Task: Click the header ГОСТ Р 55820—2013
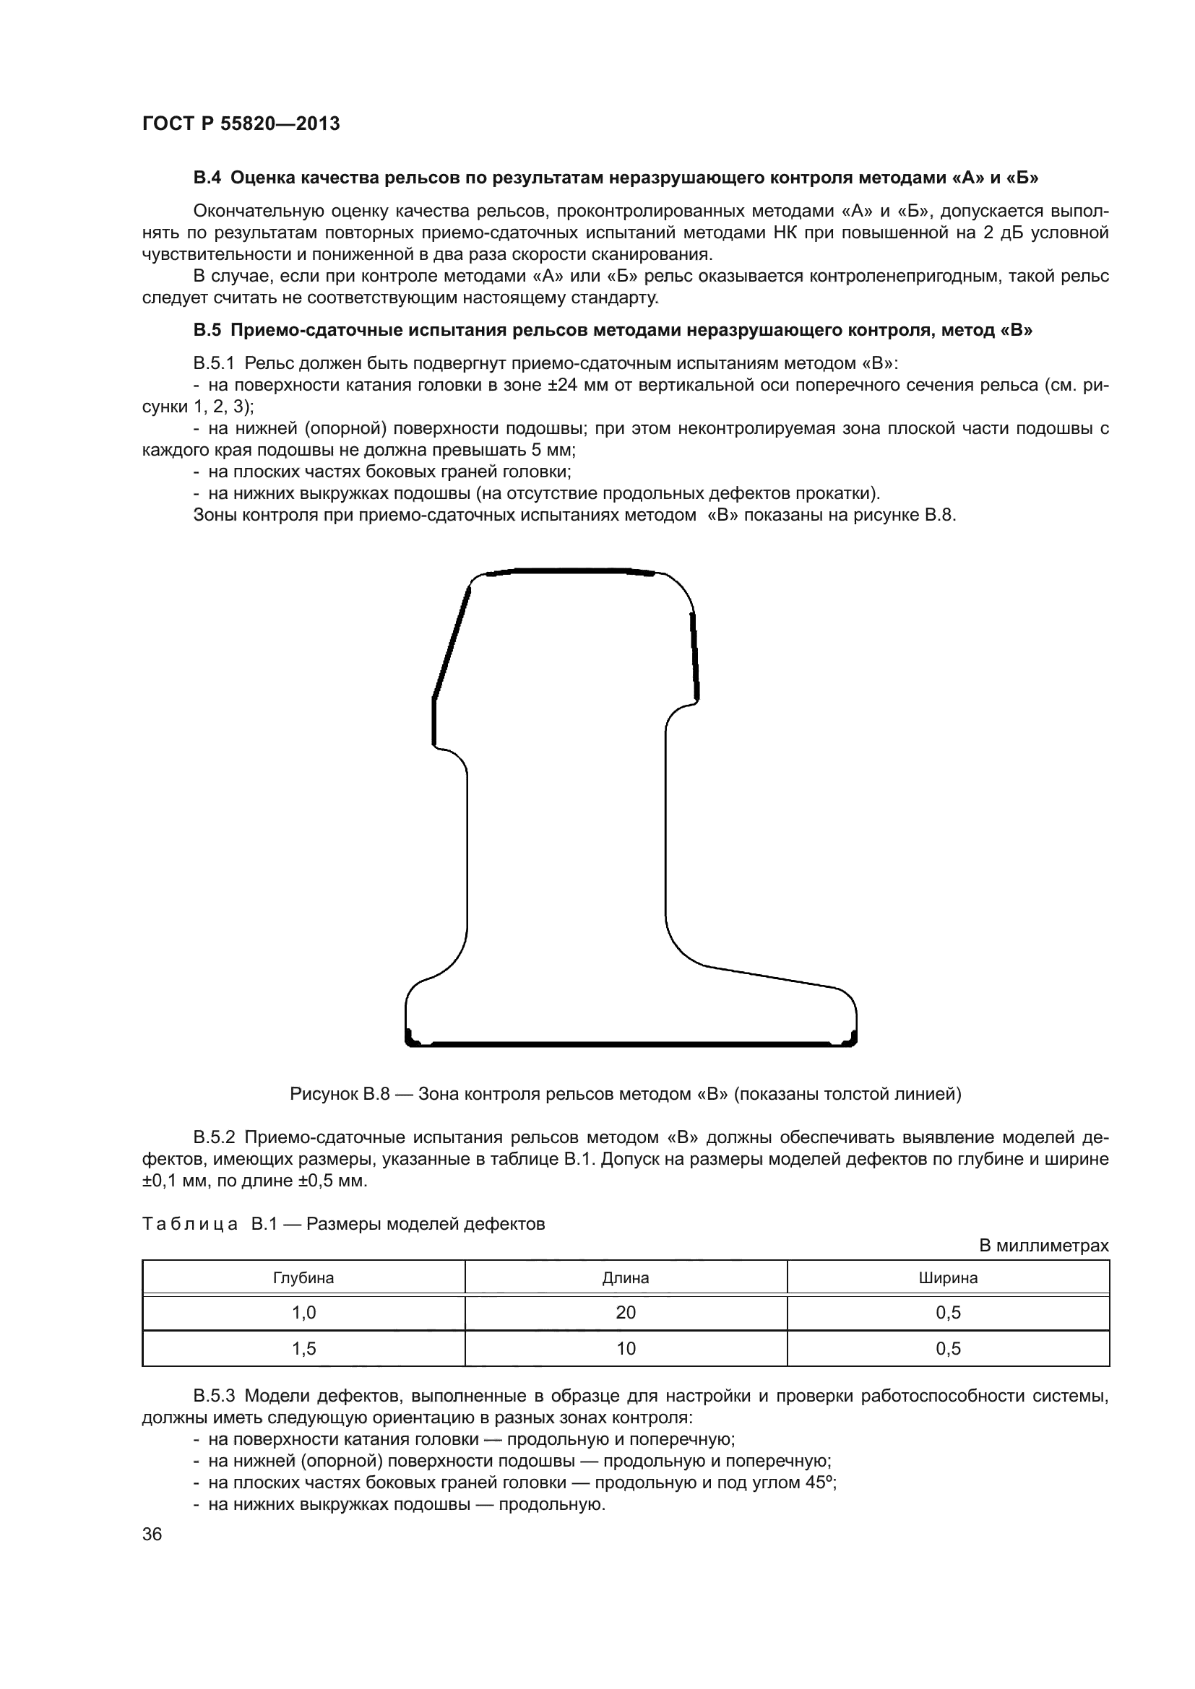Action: click(241, 123)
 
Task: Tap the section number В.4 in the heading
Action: click(207, 178)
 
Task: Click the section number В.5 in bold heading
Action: click(207, 330)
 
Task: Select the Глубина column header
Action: click(303, 1278)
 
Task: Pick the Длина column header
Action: click(626, 1278)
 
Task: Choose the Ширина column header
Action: click(948, 1278)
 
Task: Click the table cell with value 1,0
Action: click(303, 1312)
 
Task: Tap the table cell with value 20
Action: click(626, 1312)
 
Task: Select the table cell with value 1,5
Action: click(303, 1348)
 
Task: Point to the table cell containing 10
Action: click(626, 1348)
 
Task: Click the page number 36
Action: click(152, 1529)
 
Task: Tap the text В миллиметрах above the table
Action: click(1043, 1246)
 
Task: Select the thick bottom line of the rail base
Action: click(631, 1043)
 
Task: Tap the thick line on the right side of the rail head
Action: click(694, 655)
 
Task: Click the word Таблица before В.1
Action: click(190, 1224)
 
